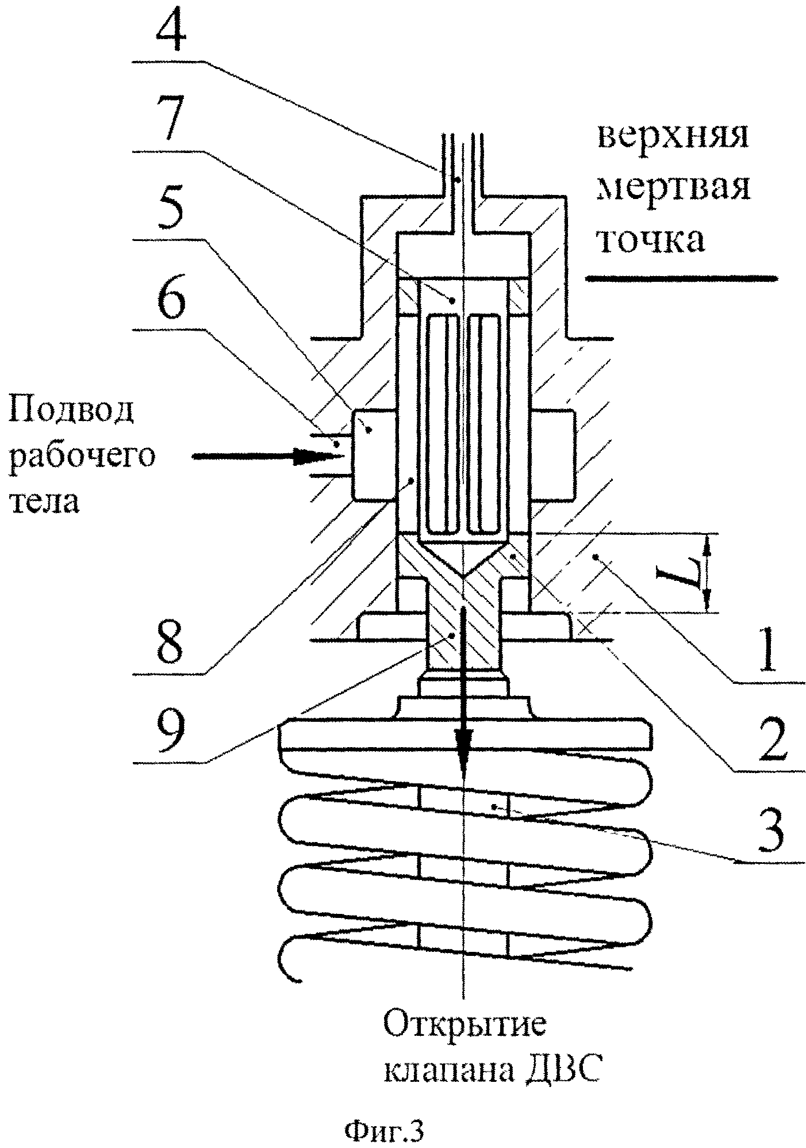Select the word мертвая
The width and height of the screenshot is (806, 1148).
674,189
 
